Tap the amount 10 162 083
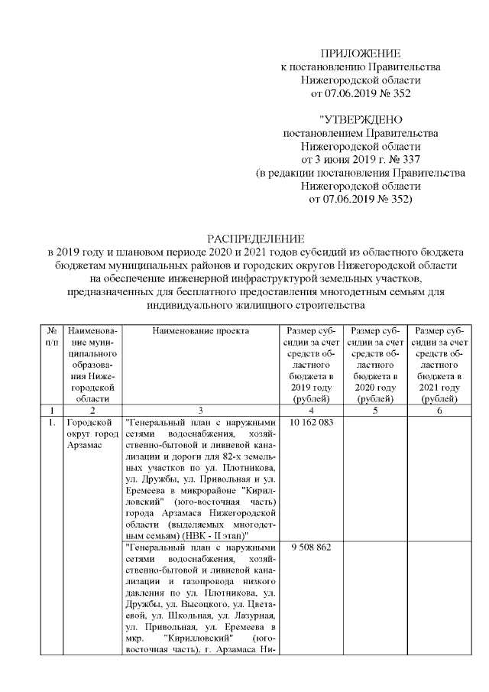(x=312, y=422)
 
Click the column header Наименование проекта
(x=200, y=330)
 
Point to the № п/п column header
(x=53, y=336)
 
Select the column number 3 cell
(x=200, y=411)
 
